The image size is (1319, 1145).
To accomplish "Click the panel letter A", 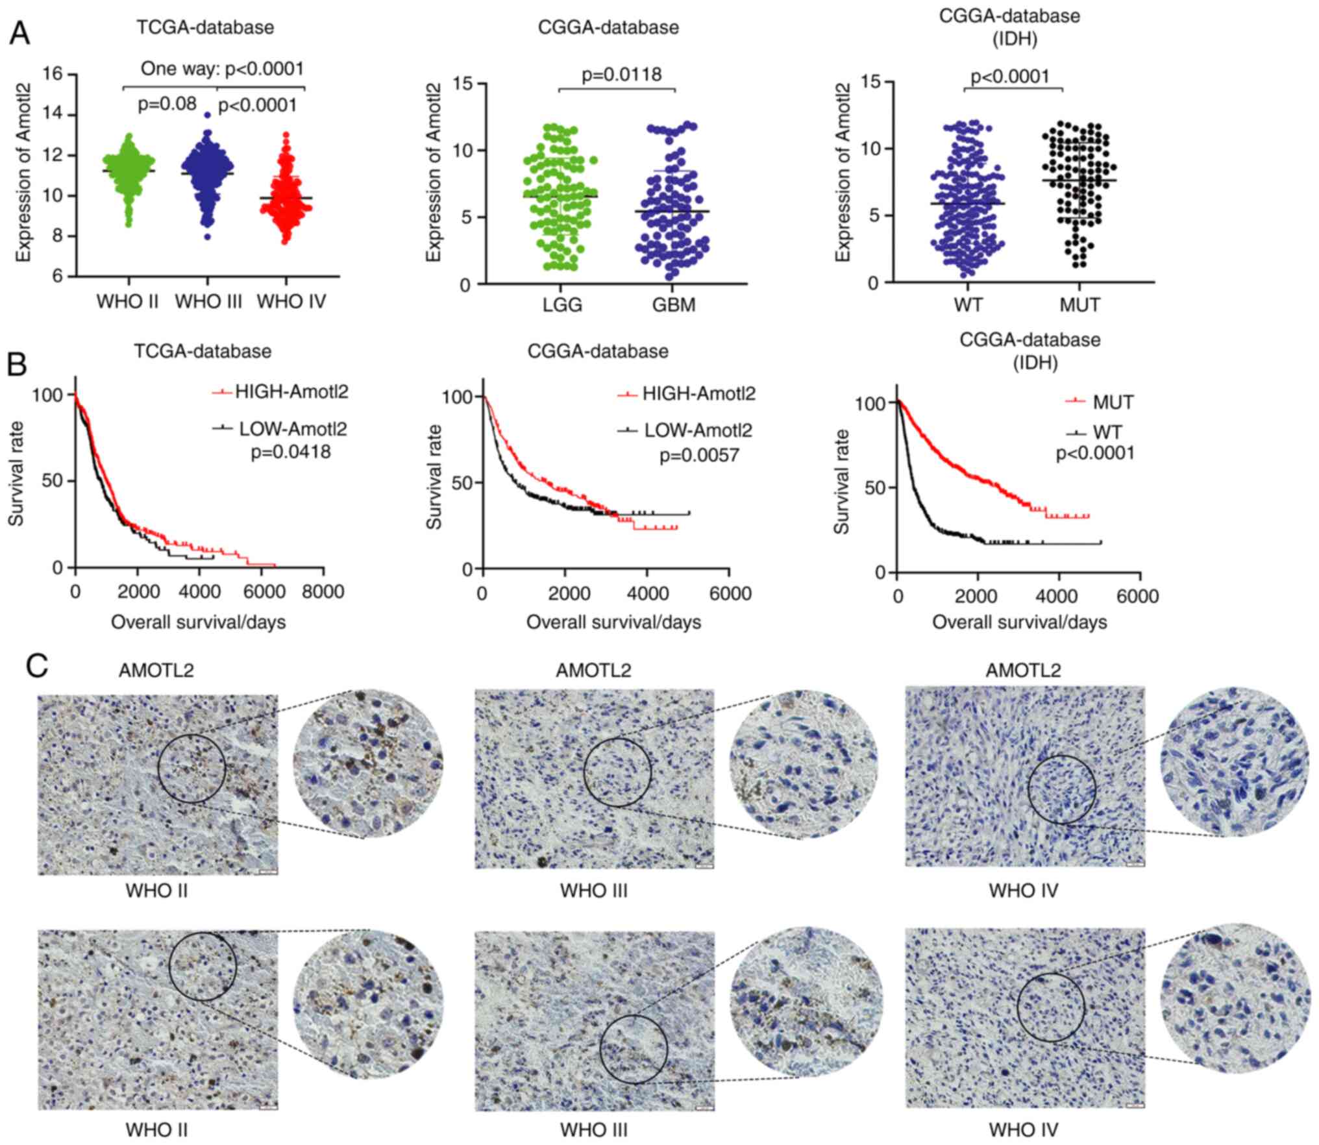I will click(19, 33).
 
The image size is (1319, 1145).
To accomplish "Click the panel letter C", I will click(38, 666).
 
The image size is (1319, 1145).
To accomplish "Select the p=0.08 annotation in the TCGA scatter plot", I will click(168, 104).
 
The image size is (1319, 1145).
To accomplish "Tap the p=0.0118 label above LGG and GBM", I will click(621, 75).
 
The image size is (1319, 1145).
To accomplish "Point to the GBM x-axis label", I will click(674, 304).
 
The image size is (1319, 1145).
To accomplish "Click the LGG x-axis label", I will click(562, 304).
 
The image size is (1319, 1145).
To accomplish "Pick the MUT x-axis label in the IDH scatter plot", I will click(1079, 304).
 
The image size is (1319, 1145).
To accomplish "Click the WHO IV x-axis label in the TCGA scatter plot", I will click(291, 302).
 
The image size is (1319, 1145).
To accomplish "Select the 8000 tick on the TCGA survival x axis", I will click(323, 591).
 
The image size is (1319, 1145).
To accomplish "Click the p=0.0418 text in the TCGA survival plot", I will click(291, 451).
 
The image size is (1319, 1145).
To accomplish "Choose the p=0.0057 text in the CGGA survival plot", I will click(699, 455).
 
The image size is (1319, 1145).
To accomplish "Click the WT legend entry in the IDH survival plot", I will click(1097, 432).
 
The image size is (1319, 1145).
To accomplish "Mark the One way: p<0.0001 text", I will click(223, 68).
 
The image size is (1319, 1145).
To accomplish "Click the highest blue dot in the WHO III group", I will click(207, 115).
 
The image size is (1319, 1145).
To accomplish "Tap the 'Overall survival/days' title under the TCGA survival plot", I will click(198, 622).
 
